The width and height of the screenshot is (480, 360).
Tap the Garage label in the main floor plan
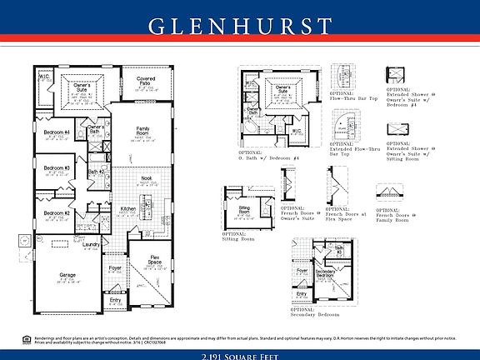67,274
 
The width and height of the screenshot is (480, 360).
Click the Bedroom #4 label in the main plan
57,133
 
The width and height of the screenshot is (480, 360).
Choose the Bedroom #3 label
57,168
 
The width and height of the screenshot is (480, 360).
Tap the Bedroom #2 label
57,213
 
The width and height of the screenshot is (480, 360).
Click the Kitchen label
128,208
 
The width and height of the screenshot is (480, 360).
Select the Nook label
146,177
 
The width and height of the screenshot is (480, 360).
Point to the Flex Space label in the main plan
155,258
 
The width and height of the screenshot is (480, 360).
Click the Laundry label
91,244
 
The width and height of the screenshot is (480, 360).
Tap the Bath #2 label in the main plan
96,172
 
